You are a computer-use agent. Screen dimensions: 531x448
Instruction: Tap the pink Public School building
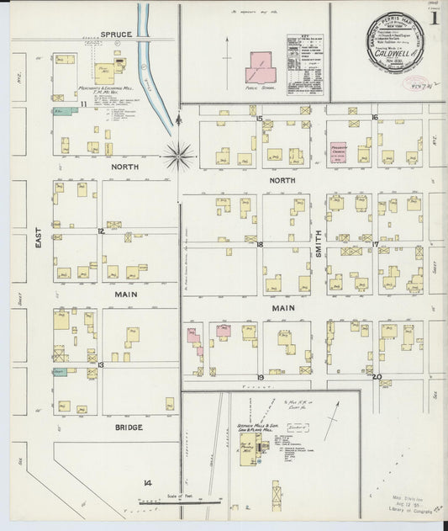click(x=259, y=67)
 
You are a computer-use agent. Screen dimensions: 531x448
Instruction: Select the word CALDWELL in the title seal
click(x=393, y=62)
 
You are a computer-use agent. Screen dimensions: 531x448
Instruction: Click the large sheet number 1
click(x=434, y=17)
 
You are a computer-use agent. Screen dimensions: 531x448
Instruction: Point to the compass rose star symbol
click(x=179, y=156)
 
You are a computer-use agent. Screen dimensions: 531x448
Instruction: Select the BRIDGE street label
click(x=128, y=427)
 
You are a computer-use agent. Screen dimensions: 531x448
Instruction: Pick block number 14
click(x=147, y=482)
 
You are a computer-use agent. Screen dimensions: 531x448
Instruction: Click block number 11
click(x=84, y=104)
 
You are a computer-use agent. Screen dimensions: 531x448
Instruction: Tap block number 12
click(x=100, y=230)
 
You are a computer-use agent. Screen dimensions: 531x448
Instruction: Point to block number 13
click(x=100, y=364)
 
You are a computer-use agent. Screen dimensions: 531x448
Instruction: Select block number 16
click(x=374, y=118)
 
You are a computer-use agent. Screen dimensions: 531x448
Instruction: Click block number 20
click(x=377, y=377)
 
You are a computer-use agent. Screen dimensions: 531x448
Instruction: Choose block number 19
click(x=261, y=377)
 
